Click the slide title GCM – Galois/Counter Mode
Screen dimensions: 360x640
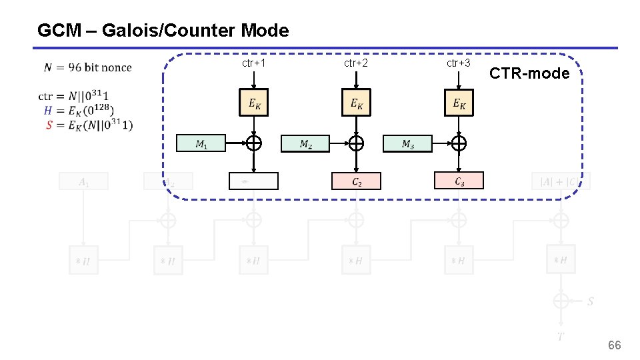coord(163,31)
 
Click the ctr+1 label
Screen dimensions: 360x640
coord(254,63)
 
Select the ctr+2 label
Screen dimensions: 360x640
coord(356,63)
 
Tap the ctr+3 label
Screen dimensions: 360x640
coord(459,63)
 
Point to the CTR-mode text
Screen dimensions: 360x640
coord(529,73)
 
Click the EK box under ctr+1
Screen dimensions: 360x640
coord(254,103)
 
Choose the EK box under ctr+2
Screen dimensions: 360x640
coord(356,103)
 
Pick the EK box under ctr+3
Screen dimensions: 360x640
coord(459,103)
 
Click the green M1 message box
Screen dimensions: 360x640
coord(201,143)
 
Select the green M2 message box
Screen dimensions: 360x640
coord(305,143)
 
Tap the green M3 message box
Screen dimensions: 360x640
coord(407,143)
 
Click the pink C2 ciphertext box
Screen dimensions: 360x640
coord(356,181)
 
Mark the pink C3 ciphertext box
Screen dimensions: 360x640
coord(459,180)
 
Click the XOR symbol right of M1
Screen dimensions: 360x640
coord(254,143)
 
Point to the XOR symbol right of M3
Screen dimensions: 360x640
coord(459,143)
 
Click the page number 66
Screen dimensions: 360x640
coord(614,345)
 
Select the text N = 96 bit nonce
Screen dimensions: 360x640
coord(88,67)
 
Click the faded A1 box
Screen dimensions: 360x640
coord(83,181)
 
